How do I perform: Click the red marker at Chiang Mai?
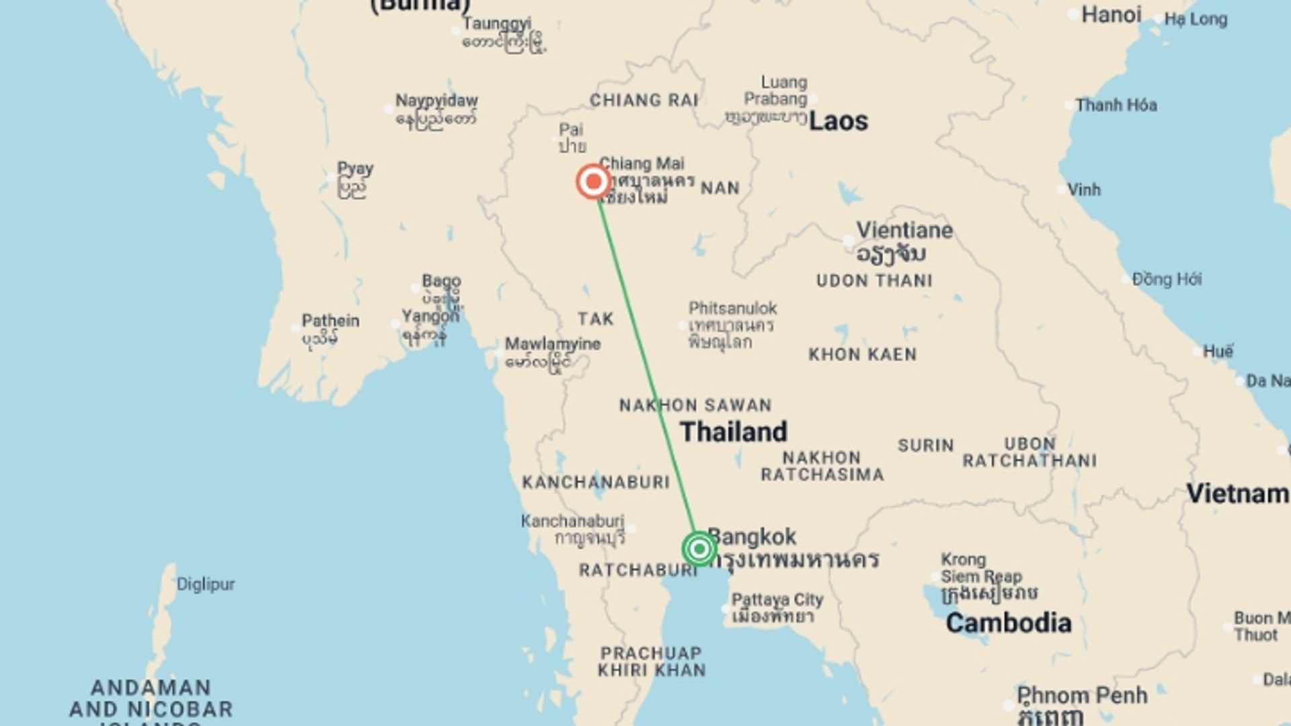593,182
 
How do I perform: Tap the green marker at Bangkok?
699,549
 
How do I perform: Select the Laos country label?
838,122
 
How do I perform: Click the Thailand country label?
733,432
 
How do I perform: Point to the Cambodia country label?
1008,623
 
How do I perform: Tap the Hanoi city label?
1111,15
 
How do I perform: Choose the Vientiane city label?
904,231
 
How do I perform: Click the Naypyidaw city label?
436,101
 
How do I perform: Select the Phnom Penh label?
1081,695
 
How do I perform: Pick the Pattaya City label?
777,600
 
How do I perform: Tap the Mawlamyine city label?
553,344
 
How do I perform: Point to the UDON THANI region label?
874,281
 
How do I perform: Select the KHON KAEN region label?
862,355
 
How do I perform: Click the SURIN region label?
925,446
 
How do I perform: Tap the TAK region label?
595,319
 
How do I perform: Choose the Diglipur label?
205,584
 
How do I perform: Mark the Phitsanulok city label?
732,309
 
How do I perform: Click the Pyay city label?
355,169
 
